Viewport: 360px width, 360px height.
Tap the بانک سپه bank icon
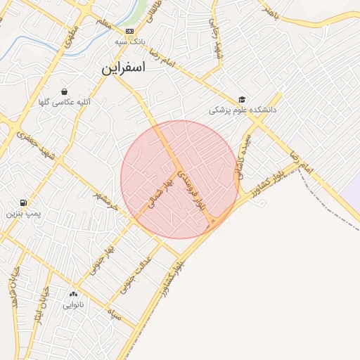coord(129,32)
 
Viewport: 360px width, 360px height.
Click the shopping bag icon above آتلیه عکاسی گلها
coord(64,91)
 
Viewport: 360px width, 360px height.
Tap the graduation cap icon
coord(243,100)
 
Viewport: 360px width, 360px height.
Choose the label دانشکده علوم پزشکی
coord(243,110)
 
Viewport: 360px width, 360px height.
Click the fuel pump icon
coord(25,202)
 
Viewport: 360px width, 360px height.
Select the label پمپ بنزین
coord(25,212)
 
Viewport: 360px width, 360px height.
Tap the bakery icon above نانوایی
coord(73,294)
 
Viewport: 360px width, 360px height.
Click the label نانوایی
coord(73,304)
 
